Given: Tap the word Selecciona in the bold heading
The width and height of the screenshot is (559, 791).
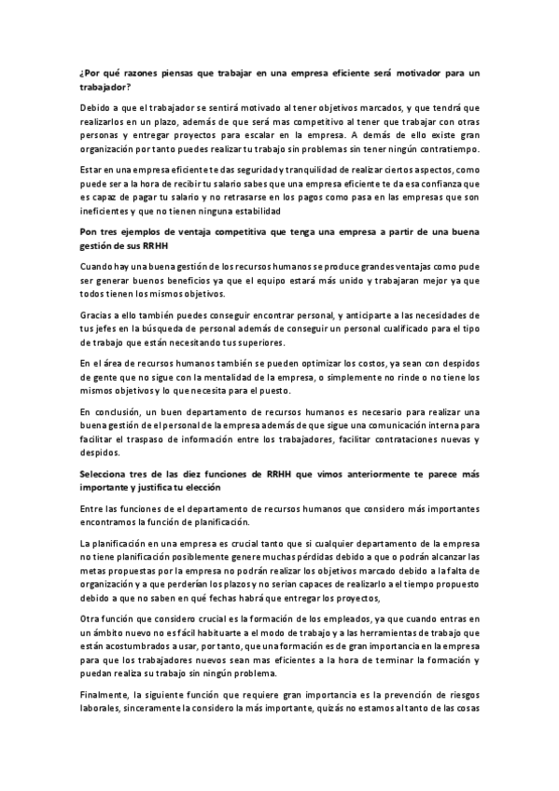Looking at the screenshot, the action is point(107,474).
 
